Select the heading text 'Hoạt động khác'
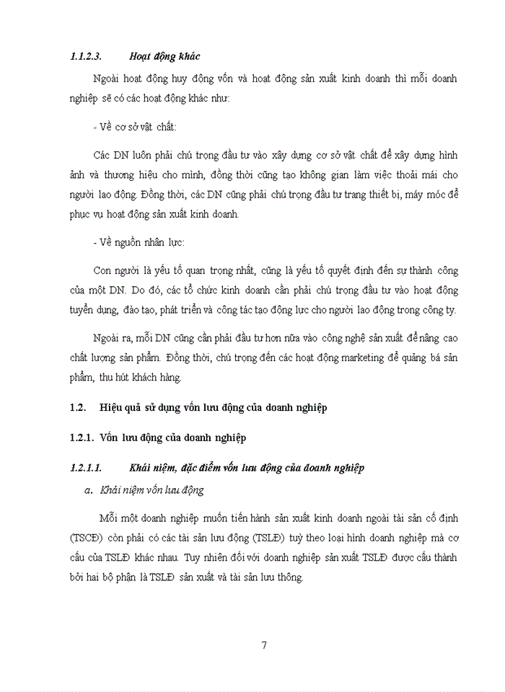[x=164, y=56]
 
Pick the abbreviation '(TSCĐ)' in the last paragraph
[x=88, y=537]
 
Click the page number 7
[x=265, y=644]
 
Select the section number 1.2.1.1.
[x=89, y=468]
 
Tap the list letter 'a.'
[x=89, y=490]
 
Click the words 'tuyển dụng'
[x=90, y=311]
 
